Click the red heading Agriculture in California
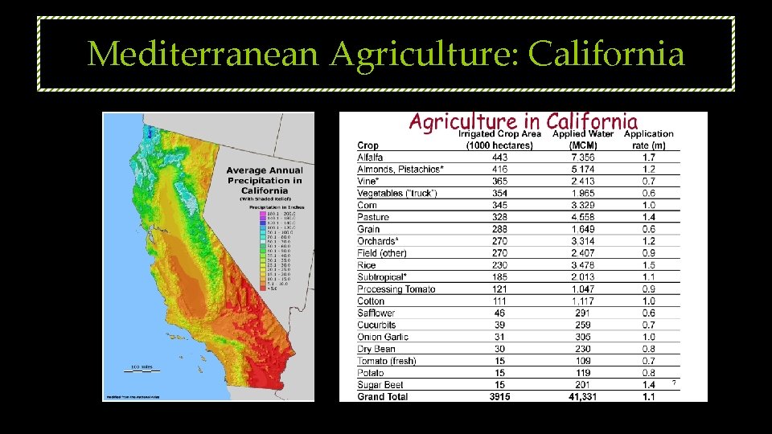(523, 121)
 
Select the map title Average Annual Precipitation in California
(264, 181)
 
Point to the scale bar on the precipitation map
(142, 371)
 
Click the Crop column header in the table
(368, 145)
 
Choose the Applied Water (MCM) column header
(582, 139)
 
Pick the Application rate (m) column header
(648, 139)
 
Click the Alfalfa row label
(370, 158)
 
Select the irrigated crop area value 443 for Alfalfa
(499, 158)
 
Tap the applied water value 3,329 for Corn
(583, 205)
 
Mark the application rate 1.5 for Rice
(649, 265)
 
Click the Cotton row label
(371, 301)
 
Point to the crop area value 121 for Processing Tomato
(499, 289)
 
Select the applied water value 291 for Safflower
(583, 313)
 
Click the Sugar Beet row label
(381, 385)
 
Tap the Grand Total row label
(382, 396)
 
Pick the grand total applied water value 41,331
(583, 396)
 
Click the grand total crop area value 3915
(499, 396)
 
